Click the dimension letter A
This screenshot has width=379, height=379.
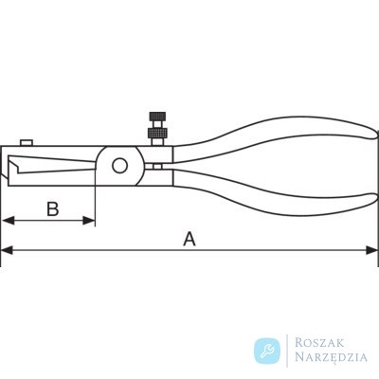click(x=189, y=239)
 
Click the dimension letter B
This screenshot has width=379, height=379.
click(x=53, y=209)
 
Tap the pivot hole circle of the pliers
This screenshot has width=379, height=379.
click(x=119, y=166)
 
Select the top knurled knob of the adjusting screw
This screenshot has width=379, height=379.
click(x=157, y=117)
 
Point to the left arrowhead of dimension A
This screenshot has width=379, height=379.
click(x=7, y=251)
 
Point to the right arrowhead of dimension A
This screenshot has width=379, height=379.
click(x=371, y=251)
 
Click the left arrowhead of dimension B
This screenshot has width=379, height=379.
click(x=8, y=221)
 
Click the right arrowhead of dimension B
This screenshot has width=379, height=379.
click(x=89, y=221)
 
